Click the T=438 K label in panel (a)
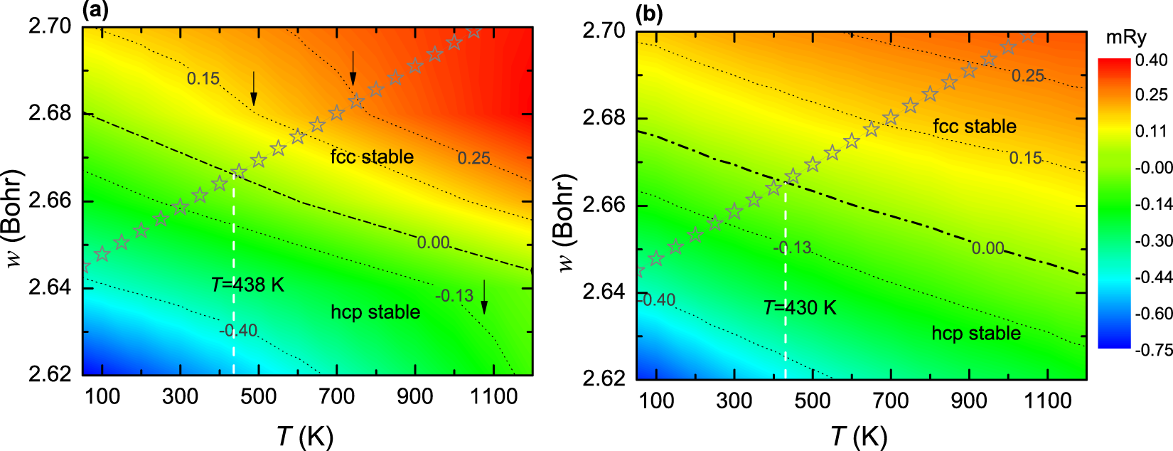[247, 285]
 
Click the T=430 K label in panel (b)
[800, 308]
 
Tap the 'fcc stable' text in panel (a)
[372, 156]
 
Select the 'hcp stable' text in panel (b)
[975, 333]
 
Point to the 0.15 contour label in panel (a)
[203, 78]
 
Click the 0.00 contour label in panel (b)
[987, 248]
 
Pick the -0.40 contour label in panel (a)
[238, 330]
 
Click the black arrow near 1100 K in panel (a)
[484, 297]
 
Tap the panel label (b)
[648, 14]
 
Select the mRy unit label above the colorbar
[1126, 38]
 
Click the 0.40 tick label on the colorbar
[1151, 60]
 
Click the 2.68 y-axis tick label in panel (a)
[50, 113]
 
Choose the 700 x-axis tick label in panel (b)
[890, 401]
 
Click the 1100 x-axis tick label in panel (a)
[493, 396]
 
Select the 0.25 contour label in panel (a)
[473, 158]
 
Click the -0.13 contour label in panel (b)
[792, 248]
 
